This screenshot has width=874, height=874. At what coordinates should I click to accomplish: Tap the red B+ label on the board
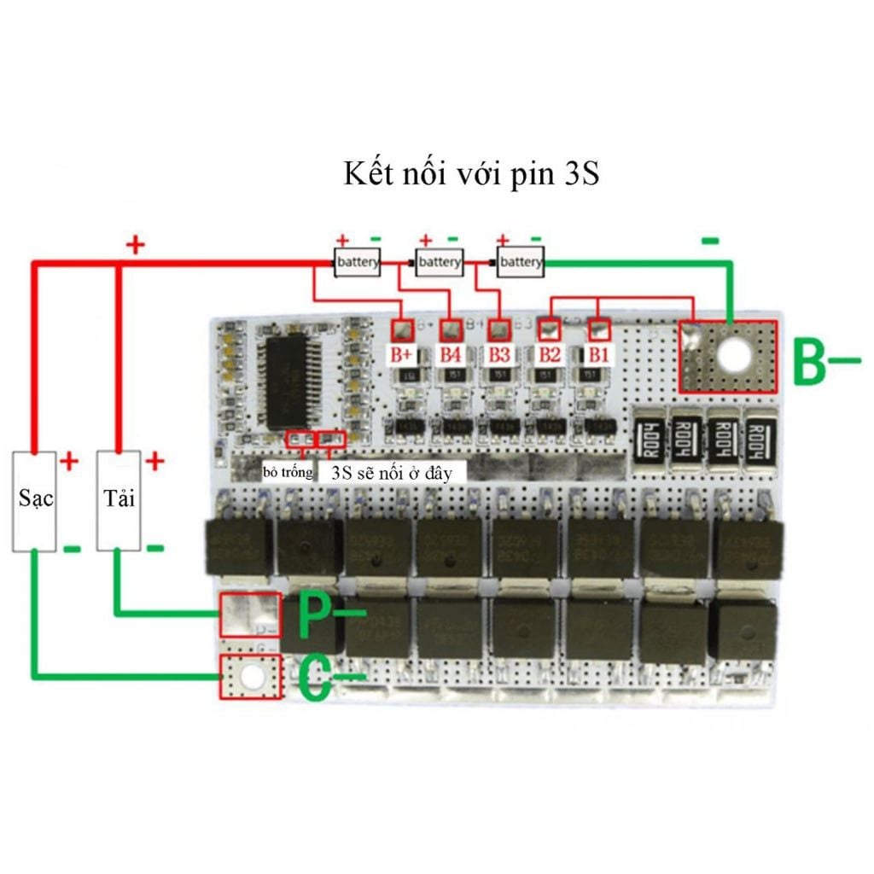tap(402, 354)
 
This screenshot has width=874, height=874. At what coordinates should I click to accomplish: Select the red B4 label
tap(452, 354)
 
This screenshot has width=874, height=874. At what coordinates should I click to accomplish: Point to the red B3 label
tap(500, 354)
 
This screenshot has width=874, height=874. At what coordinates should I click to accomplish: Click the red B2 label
tap(550, 354)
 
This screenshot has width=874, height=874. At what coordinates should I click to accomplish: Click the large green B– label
tap(824, 364)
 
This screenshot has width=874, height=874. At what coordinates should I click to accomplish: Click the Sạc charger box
tap(35, 499)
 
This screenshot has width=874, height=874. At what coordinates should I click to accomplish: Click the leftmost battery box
tap(358, 262)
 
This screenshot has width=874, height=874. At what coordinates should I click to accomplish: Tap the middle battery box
tap(439, 262)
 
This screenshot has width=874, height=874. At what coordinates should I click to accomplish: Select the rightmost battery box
tap(520, 262)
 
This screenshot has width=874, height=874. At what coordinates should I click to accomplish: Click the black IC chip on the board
tap(291, 381)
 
